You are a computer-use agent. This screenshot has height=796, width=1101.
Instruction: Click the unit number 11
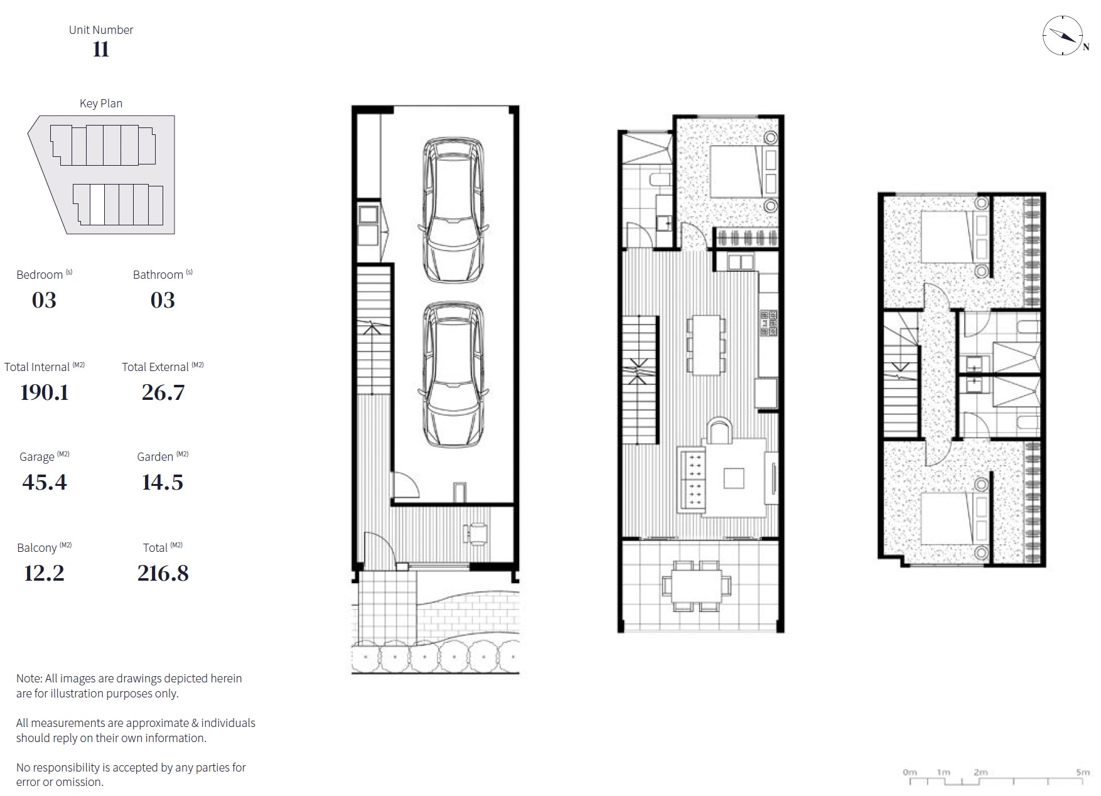click(101, 49)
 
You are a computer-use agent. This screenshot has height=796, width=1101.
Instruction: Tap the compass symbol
click(1063, 36)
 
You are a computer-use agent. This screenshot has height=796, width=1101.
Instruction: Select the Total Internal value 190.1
click(44, 392)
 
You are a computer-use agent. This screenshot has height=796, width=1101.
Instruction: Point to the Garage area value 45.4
click(44, 482)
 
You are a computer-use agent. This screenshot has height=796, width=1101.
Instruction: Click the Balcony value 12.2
click(44, 573)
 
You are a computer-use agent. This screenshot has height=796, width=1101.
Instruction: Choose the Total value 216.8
click(163, 573)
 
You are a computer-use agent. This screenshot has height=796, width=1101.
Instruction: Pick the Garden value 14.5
click(163, 482)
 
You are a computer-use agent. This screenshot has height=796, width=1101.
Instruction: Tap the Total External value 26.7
click(163, 392)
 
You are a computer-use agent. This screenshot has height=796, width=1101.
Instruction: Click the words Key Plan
click(101, 104)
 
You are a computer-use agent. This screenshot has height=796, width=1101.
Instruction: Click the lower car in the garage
click(453, 375)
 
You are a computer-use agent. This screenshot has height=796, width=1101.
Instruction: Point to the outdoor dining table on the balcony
click(697, 586)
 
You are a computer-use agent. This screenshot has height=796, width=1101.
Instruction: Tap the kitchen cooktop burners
click(769, 323)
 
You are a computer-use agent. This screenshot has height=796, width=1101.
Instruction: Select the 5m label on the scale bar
click(1083, 772)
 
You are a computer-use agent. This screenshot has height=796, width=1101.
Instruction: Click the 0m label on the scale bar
click(910, 772)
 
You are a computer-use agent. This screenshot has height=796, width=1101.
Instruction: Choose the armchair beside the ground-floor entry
click(475, 532)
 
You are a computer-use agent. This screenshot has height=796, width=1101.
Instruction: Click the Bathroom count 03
click(163, 300)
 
